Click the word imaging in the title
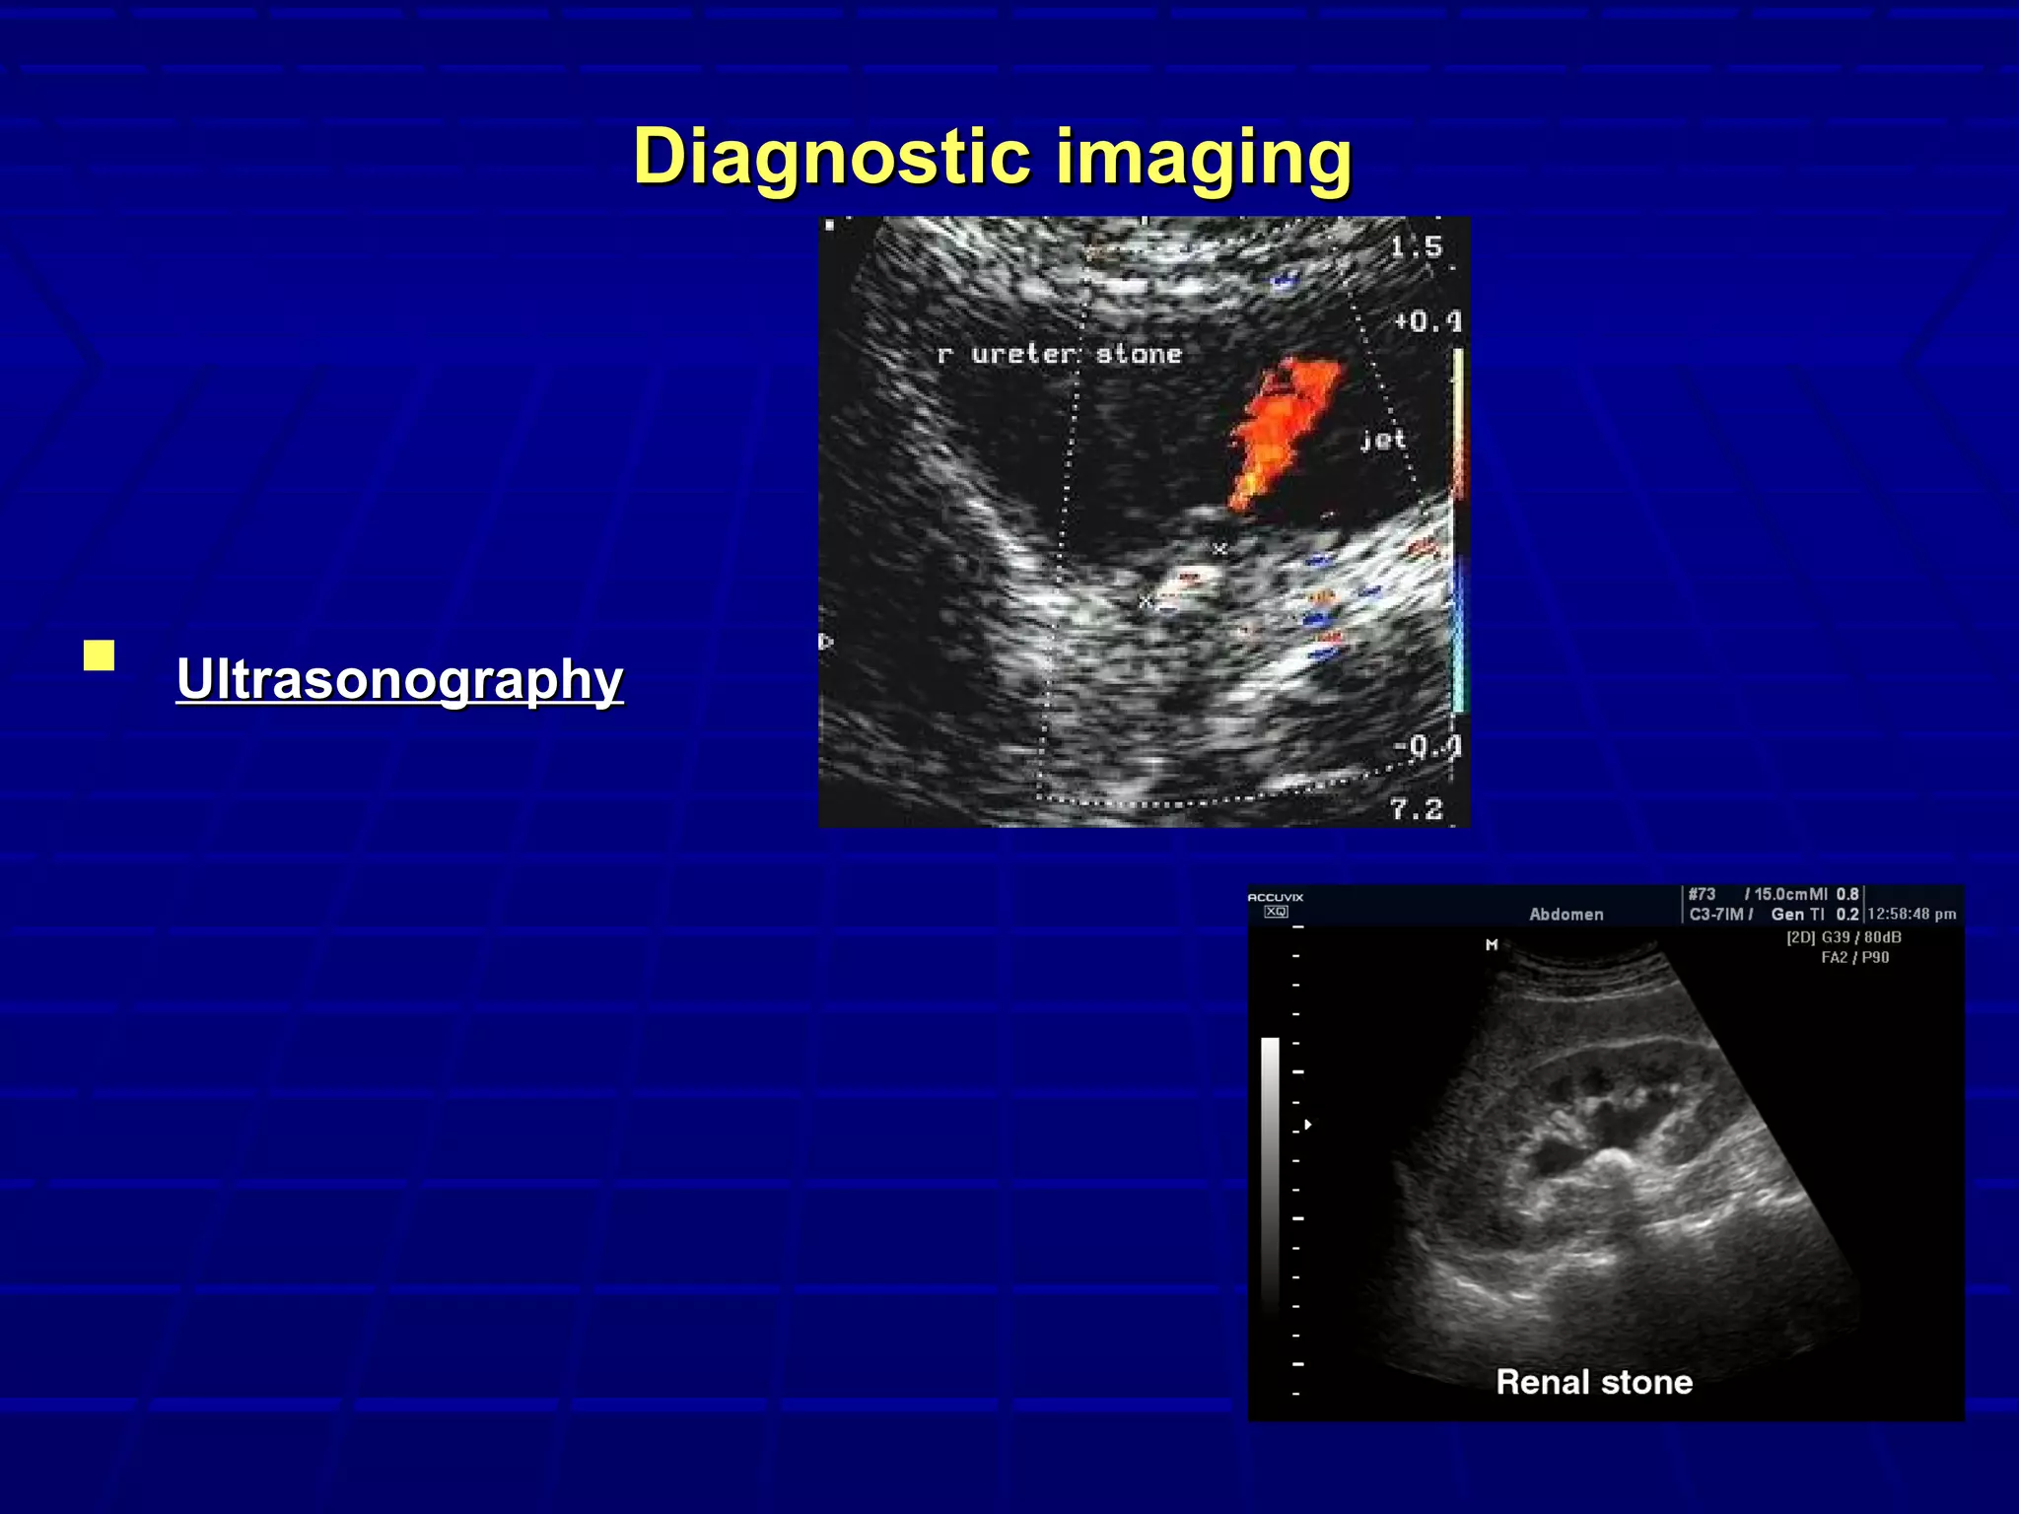point(1204,158)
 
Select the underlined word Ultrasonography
point(399,679)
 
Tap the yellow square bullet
point(99,655)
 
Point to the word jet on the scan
point(1382,440)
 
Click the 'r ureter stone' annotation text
point(1059,354)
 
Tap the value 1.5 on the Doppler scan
point(1417,246)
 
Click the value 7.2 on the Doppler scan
point(1417,809)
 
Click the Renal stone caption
point(1594,1382)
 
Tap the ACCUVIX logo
point(1276,898)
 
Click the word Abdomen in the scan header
point(1566,915)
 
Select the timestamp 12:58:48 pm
point(1912,915)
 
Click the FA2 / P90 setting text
point(1854,957)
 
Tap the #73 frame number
point(1702,894)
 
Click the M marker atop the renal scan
point(1492,944)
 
